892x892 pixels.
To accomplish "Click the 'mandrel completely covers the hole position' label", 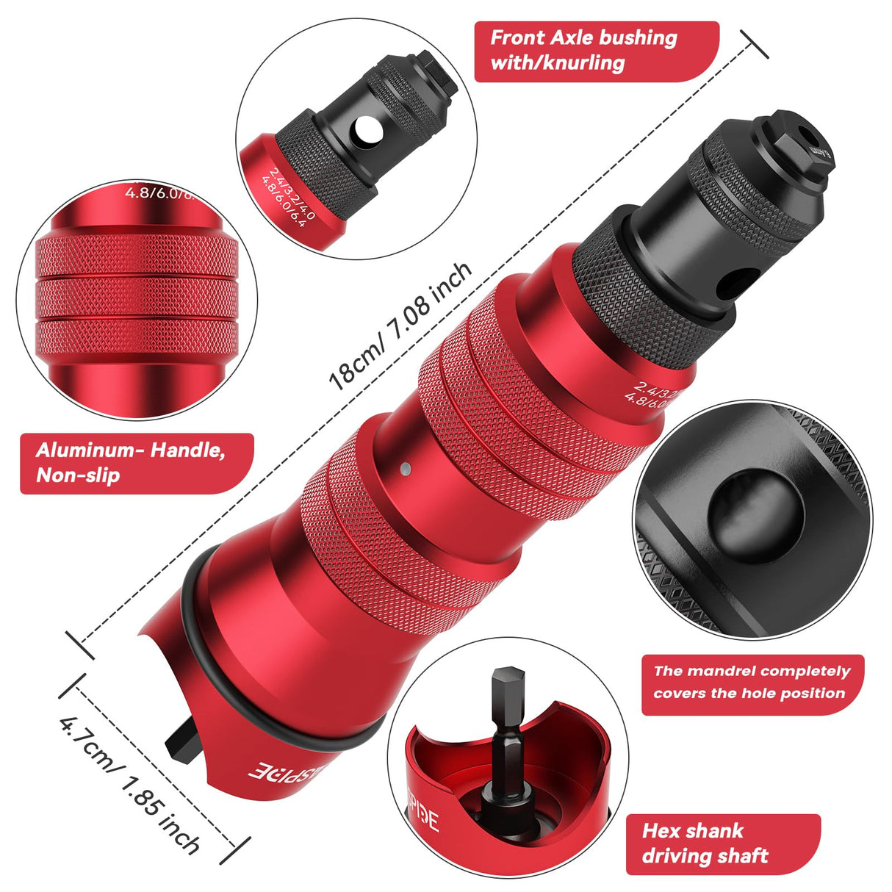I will click(x=751, y=683).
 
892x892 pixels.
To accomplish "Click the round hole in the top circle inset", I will click(x=366, y=131).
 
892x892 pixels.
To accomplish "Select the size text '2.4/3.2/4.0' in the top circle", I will click(x=292, y=193).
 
